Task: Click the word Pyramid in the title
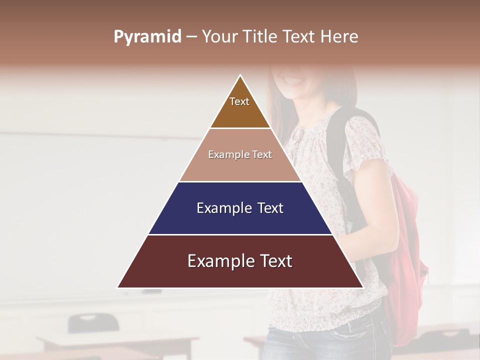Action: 147,37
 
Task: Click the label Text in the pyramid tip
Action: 239,101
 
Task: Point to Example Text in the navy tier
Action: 240,208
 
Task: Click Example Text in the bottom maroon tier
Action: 240,261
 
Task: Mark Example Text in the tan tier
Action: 240,154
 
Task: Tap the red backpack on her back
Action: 407,250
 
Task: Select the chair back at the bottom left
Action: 93,322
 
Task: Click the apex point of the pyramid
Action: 240,76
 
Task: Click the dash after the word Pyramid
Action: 191,37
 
